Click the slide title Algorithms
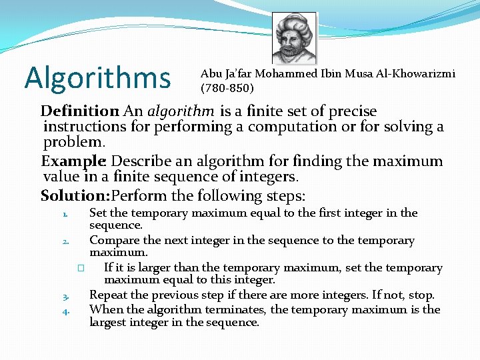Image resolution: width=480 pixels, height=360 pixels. pos(97,77)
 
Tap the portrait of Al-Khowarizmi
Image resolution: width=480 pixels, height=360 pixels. pos(294,39)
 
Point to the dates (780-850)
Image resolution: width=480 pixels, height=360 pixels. pos(227,87)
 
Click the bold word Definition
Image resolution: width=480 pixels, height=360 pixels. pos(79,111)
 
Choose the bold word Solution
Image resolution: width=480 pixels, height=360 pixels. pos(74,196)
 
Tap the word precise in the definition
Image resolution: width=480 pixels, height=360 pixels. pos(352,111)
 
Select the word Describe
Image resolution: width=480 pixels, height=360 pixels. pos(143,161)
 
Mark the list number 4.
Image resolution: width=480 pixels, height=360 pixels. pos(66,311)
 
